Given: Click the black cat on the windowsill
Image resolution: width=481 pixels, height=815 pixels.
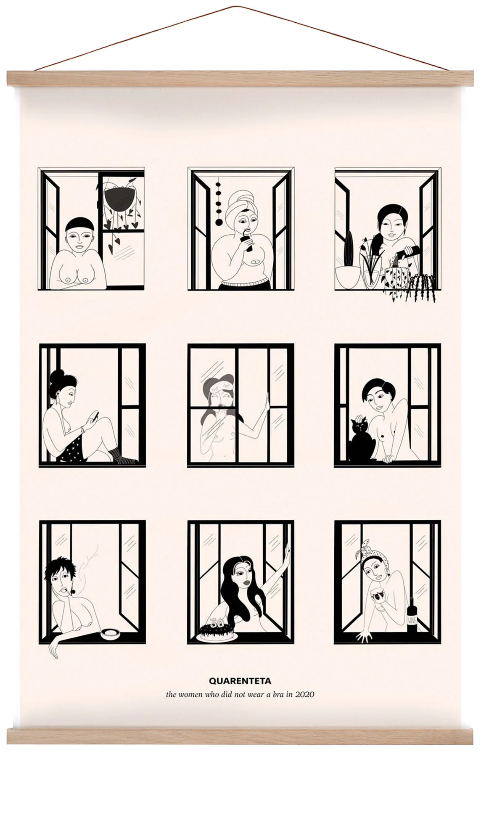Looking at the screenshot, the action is point(360,441).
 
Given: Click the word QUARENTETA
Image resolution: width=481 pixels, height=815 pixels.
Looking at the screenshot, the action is point(240,680).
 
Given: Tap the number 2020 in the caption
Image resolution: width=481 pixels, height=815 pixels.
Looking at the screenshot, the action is point(304,694).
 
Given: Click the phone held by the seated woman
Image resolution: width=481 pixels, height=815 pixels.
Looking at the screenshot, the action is point(95,416).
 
